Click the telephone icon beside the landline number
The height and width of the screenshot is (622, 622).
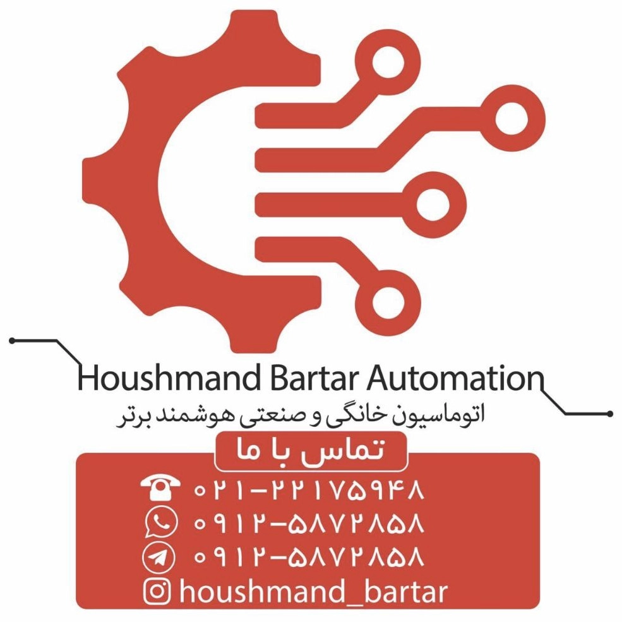[x=160, y=489]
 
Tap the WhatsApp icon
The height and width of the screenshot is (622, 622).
[x=160, y=522]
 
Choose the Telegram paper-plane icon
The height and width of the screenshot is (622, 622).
[x=158, y=556]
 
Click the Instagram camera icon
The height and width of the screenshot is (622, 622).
[x=157, y=591]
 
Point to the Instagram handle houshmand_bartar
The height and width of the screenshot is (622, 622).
[x=313, y=592]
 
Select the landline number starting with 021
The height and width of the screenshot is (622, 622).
[x=309, y=490]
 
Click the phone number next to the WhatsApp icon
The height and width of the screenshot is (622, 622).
[x=309, y=523]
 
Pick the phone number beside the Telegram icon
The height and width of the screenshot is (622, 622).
[x=309, y=556]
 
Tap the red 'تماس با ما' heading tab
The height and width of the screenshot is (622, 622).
[x=311, y=452]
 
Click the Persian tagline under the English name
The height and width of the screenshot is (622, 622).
[x=301, y=416]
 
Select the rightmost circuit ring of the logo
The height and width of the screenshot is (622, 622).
[x=513, y=118]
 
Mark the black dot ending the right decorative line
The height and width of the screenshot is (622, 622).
[x=610, y=414]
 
